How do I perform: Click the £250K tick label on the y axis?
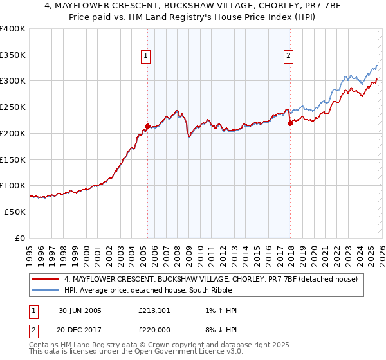coord(13,107)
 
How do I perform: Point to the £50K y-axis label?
coord(15,212)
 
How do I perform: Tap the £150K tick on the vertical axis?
coord(13,159)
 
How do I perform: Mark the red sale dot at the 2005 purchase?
coord(148,127)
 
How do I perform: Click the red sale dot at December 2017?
coord(290,123)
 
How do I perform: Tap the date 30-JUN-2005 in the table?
coord(80,310)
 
